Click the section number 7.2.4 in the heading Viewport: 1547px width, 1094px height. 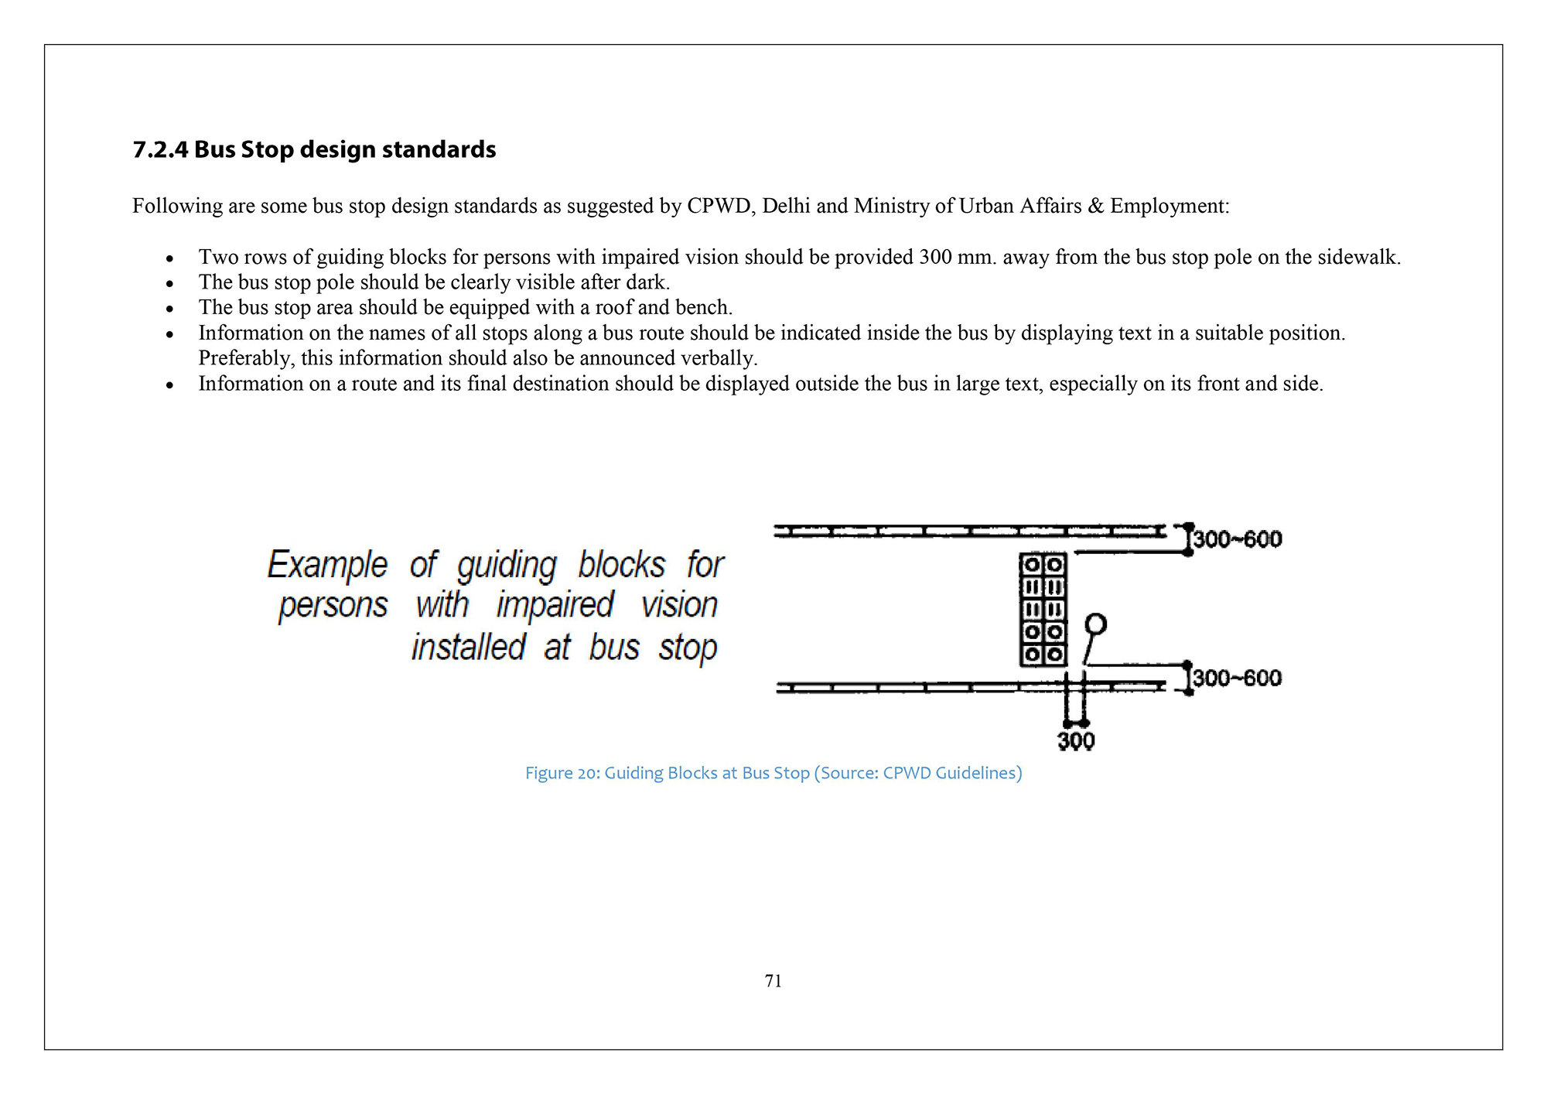coord(160,149)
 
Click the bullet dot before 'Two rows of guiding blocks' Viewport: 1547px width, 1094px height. coord(169,258)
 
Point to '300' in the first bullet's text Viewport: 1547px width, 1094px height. coord(935,257)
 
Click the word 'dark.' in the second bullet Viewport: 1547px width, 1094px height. coord(648,282)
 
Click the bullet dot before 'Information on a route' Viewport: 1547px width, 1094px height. coord(169,385)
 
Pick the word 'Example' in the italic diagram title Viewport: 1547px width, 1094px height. coord(327,565)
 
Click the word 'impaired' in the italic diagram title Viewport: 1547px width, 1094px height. coord(555,605)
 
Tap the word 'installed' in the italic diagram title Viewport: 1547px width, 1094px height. coord(469,648)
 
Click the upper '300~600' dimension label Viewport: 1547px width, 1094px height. coord(1238,539)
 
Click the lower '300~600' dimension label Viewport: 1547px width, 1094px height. coord(1238,679)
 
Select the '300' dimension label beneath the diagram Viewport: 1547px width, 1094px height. coord(1076,741)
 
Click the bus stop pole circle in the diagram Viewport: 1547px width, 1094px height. coord(1096,624)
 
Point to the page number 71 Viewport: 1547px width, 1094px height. coord(773,981)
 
